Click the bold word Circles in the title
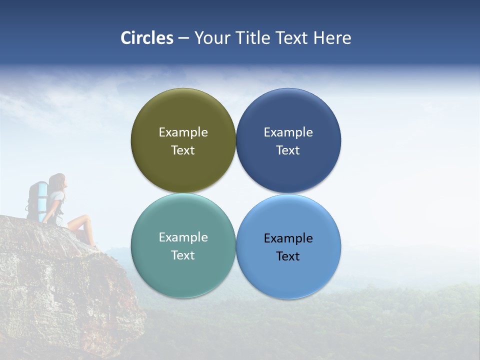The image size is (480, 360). [147, 38]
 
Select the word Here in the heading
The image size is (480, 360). [332, 38]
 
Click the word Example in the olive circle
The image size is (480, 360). [183, 132]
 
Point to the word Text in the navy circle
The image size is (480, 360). [288, 150]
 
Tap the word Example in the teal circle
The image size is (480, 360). [183, 237]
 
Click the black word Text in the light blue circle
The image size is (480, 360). [288, 256]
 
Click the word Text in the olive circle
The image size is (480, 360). [183, 150]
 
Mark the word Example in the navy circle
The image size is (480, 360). [288, 132]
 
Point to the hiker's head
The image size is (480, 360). [57, 181]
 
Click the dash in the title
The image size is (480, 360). [183, 38]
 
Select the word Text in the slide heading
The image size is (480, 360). [293, 38]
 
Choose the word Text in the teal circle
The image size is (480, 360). [183, 255]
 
